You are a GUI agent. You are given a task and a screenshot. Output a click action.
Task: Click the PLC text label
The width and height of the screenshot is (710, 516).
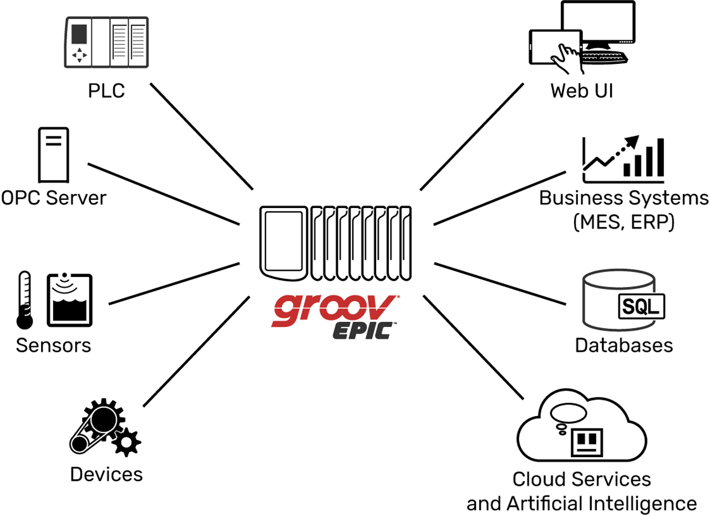pyautogui.click(x=106, y=90)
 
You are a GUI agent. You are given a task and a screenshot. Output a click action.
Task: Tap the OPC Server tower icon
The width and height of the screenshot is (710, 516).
pyautogui.click(x=53, y=155)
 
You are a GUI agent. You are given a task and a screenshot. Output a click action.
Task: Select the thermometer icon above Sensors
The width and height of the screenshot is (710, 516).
pyautogui.click(x=24, y=300)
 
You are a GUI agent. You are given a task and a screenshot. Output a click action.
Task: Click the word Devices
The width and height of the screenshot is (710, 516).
pyautogui.click(x=106, y=474)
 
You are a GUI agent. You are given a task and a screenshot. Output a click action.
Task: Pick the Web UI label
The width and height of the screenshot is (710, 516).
pyautogui.click(x=581, y=90)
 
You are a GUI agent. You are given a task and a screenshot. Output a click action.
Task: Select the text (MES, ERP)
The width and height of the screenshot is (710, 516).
pyautogui.click(x=623, y=222)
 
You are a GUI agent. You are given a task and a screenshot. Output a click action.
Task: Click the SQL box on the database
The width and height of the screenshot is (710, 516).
pyautogui.click(x=640, y=306)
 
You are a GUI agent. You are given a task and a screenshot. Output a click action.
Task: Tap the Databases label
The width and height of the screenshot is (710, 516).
pyautogui.click(x=623, y=345)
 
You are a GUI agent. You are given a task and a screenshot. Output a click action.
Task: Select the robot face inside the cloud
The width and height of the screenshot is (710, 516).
pyautogui.click(x=588, y=441)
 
